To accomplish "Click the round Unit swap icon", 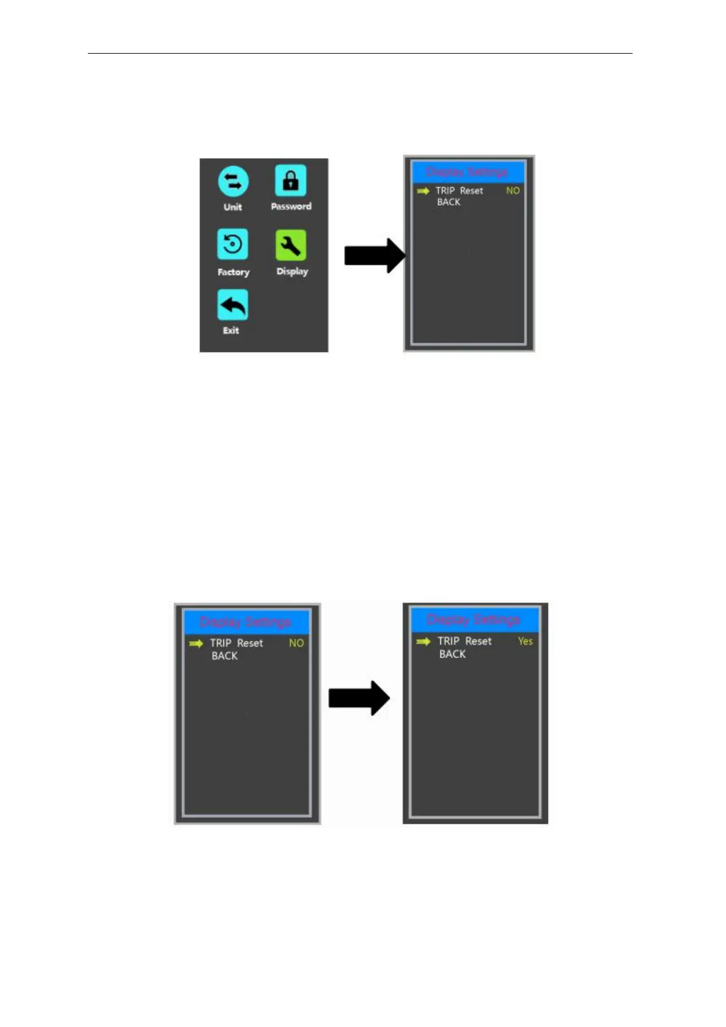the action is pyautogui.click(x=233, y=181).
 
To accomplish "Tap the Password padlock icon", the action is pyautogui.click(x=290, y=181).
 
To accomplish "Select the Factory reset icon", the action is pyautogui.click(x=232, y=245).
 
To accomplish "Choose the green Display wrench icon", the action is pyautogui.click(x=290, y=245).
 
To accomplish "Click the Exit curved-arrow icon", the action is pyautogui.click(x=232, y=305).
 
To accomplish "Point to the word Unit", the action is pyautogui.click(x=232, y=207).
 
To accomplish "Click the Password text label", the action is pyautogui.click(x=291, y=207).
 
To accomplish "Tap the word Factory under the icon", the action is pyautogui.click(x=233, y=272).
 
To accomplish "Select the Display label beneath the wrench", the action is pyautogui.click(x=292, y=271).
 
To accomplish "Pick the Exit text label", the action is pyautogui.click(x=231, y=331).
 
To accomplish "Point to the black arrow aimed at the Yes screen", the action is pyautogui.click(x=359, y=698).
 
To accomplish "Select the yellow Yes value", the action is pyautogui.click(x=525, y=641).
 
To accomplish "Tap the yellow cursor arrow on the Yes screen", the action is pyautogui.click(x=423, y=642).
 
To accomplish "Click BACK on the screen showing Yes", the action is pyautogui.click(x=452, y=654).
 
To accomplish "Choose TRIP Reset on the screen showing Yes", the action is pyautogui.click(x=464, y=642).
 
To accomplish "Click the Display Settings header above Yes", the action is pyautogui.click(x=473, y=620).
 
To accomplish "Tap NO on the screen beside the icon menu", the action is pyautogui.click(x=512, y=191).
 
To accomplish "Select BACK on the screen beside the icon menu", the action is pyautogui.click(x=448, y=202).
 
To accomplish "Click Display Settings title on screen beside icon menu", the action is pyautogui.click(x=467, y=172).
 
